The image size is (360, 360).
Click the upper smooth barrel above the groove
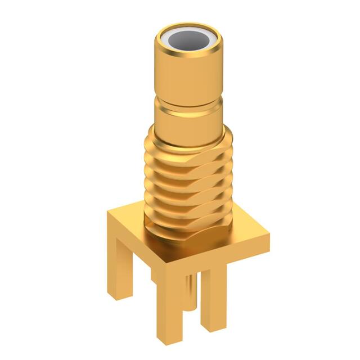pos(188,79)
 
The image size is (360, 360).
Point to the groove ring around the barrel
pos(188,107)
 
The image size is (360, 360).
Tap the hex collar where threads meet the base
pos(186,236)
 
